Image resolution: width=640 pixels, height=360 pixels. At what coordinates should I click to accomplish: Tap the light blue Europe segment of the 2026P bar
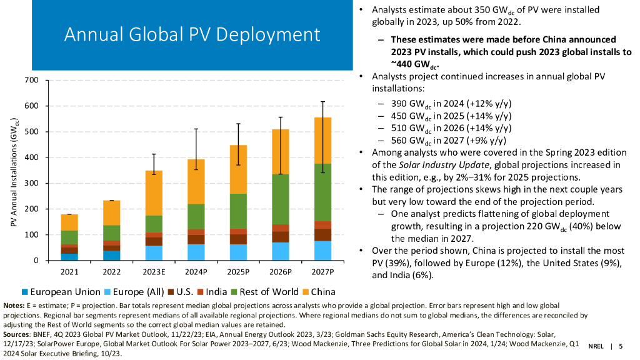coord(280,251)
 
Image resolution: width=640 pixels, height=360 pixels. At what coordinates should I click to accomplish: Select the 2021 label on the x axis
coord(69,271)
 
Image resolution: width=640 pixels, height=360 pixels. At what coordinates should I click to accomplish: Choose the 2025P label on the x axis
coord(238,271)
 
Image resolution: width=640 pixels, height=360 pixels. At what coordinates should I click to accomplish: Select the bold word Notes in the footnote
coord(13,305)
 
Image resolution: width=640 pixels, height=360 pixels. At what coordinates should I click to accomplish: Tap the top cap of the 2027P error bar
coord(322,101)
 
